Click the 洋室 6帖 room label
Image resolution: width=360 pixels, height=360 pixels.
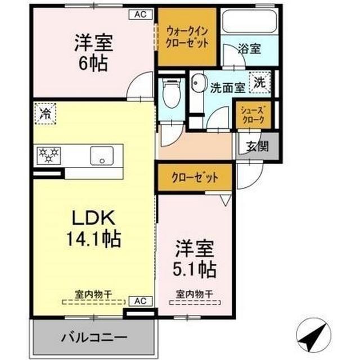tap(93, 52)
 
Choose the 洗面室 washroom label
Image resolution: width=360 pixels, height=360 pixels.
tap(227, 88)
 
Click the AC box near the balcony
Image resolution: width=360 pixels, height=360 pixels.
tap(141, 301)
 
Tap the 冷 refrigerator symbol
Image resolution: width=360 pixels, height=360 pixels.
tap(46, 114)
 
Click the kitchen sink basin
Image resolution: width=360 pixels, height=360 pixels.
tap(102, 155)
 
